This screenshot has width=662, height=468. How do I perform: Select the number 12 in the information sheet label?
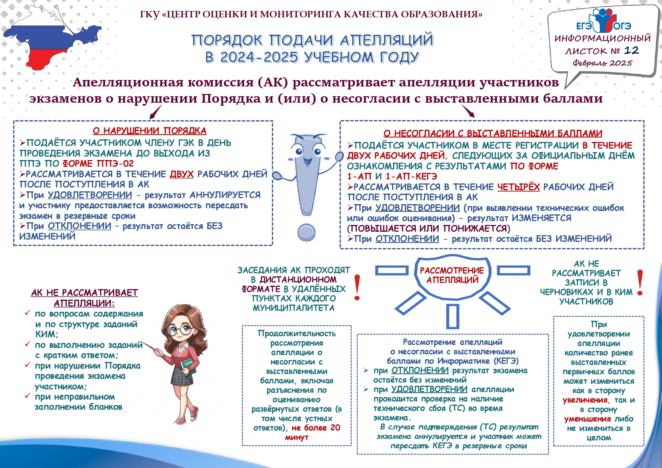tap(631, 50)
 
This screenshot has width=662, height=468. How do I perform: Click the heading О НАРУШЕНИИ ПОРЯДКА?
tap(149, 131)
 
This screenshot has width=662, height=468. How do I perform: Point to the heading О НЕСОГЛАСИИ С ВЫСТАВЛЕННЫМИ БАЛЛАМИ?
tap(493, 133)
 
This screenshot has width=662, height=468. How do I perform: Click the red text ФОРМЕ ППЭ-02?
tap(98, 163)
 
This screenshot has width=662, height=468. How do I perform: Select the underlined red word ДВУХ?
tap(181, 174)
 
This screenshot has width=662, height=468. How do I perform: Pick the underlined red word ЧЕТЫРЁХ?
tap(518, 187)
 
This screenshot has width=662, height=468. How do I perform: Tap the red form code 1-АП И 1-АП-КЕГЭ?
tap(392, 176)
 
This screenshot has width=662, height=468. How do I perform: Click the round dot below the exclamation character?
tap(306, 232)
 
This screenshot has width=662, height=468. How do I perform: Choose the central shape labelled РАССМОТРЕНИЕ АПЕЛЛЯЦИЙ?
tap(452, 276)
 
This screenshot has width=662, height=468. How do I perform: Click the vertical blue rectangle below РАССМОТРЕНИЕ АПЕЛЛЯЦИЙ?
tap(452, 316)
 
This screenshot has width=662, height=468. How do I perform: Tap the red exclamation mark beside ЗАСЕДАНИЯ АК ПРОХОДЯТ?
tap(357, 287)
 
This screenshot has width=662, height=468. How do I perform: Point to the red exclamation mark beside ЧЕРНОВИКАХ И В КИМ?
tap(640, 282)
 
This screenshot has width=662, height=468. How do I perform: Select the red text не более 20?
tap(316, 428)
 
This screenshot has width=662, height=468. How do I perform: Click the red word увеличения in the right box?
tap(585, 400)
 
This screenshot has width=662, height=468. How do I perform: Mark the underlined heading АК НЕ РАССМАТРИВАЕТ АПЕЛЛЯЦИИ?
tap(84, 298)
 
